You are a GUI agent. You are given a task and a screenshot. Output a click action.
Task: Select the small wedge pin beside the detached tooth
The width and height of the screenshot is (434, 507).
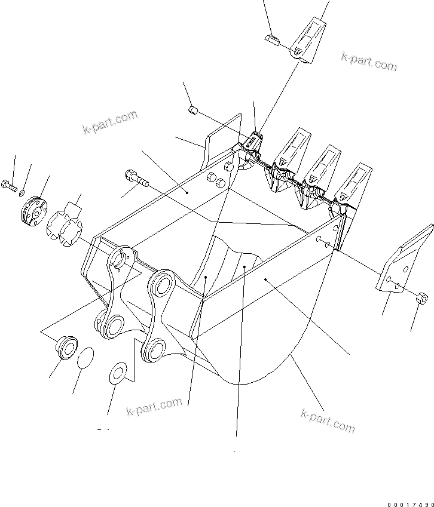[271, 39]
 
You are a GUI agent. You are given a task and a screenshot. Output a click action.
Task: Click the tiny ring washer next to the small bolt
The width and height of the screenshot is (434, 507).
[22, 193]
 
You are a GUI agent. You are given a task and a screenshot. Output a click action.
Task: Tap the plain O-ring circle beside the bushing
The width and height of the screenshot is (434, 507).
[85, 357]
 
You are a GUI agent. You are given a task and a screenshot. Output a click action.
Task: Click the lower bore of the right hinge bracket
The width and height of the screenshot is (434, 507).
[154, 348]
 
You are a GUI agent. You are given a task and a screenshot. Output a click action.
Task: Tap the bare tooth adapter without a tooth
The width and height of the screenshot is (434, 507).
[253, 143]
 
